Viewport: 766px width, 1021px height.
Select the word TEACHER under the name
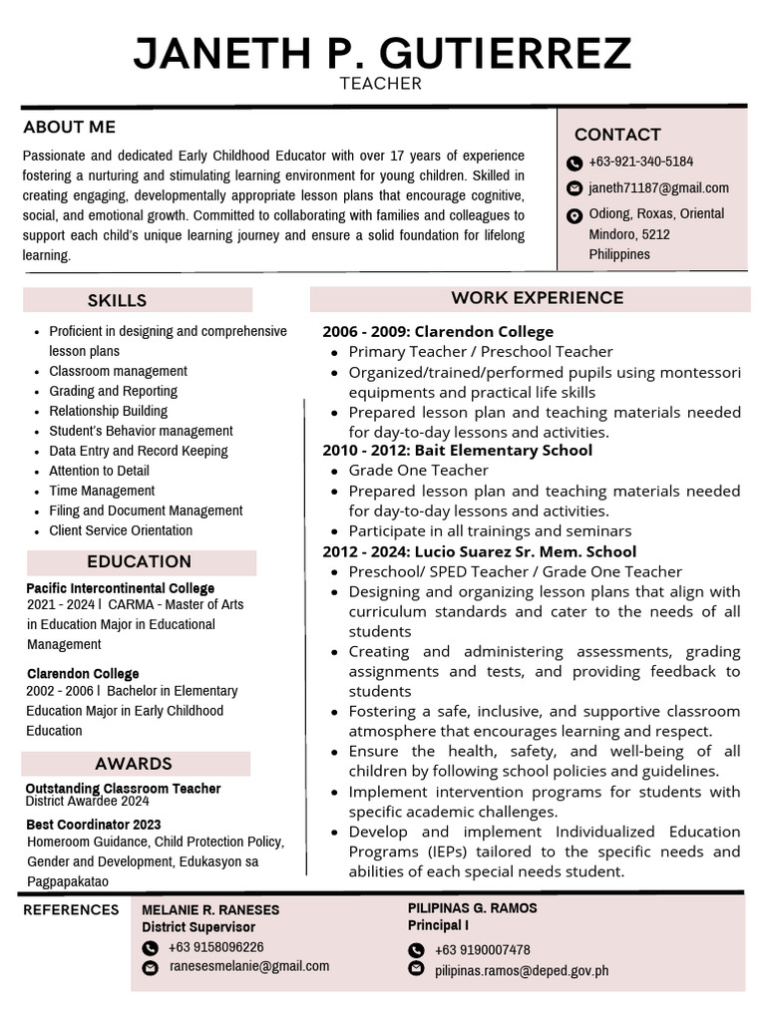[381, 84]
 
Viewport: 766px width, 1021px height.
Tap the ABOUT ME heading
[70, 127]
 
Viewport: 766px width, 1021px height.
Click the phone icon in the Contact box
[574, 163]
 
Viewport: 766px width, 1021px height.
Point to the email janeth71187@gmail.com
[658, 187]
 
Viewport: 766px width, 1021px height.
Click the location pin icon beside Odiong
[574, 215]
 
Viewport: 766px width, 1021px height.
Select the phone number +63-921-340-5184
[640, 162]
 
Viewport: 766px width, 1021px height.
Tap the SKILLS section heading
[117, 300]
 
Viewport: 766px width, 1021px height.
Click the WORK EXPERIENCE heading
[537, 298]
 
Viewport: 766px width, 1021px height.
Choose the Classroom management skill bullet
[118, 371]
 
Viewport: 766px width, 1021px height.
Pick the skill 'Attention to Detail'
[99, 471]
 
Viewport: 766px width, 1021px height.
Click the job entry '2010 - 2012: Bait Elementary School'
[457, 451]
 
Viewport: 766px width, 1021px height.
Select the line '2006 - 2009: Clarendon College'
[437, 332]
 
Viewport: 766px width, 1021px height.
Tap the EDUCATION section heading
[139, 561]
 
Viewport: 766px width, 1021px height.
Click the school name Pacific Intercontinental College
[121, 588]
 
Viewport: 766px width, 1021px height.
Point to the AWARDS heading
[134, 764]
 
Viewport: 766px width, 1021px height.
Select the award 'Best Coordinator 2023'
[93, 825]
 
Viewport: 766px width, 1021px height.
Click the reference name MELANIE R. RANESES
[210, 910]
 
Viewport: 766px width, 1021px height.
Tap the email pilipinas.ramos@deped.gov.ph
[522, 970]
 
